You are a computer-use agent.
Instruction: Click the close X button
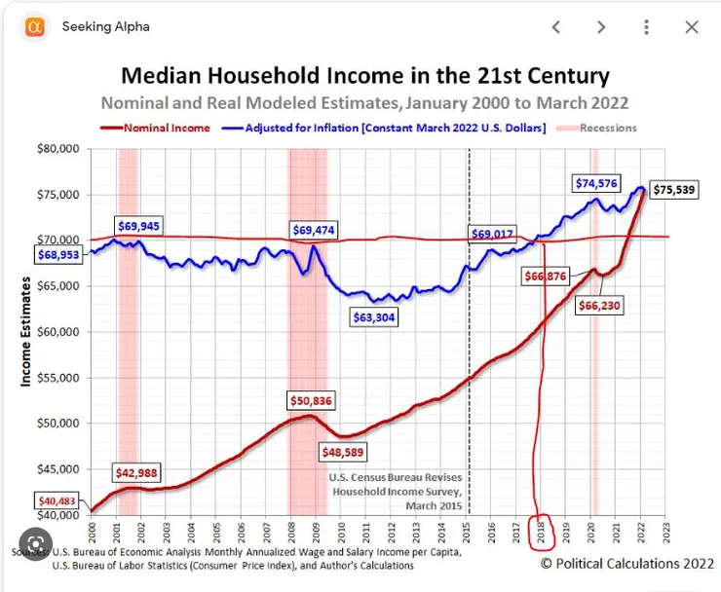(692, 27)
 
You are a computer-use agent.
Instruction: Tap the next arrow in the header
(601, 27)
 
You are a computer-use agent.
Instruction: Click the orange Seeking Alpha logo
(33, 27)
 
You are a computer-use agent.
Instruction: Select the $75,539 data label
(673, 190)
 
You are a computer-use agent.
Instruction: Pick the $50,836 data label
(315, 399)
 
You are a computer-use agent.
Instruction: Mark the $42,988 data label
(138, 473)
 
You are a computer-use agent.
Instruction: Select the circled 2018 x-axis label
(543, 533)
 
